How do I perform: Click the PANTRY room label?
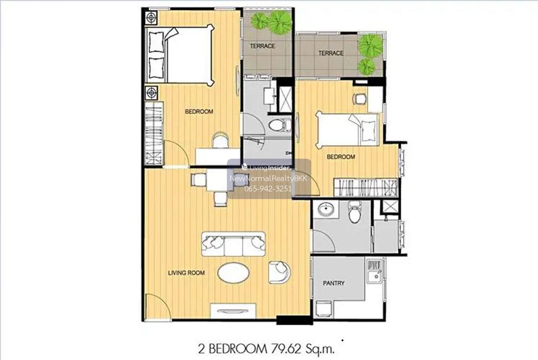click(x=334, y=283)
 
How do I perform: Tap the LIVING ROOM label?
click(x=186, y=273)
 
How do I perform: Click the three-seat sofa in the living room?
click(x=234, y=244)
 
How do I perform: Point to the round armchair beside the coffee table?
click(x=279, y=272)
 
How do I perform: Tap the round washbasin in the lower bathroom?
click(x=325, y=208)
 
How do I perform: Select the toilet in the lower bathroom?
click(x=355, y=213)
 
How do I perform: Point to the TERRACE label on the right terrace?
click(x=331, y=53)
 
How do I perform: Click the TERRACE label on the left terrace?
click(x=262, y=46)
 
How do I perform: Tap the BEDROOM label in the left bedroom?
click(x=199, y=112)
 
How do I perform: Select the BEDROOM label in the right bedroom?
click(x=341, y=157)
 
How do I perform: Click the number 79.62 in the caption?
click(x=286, y=349)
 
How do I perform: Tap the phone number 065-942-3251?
click(x=268, y=189)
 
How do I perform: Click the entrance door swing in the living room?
click(x=157, y=307)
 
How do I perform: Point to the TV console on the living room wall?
click(x=233, y=311)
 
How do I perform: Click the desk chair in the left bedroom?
click(x=220, y=140)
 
